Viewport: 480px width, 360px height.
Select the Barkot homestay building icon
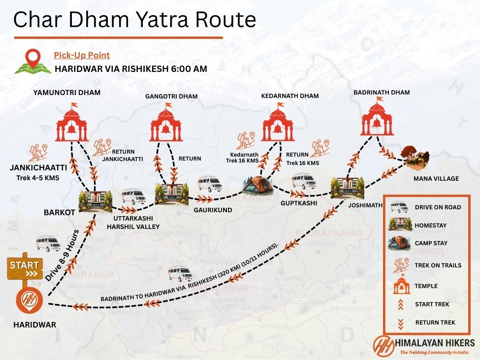(x=96, y=199)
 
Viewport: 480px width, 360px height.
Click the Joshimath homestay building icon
(x=347, y=189)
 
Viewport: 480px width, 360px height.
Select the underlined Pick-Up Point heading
(x=82, y=55)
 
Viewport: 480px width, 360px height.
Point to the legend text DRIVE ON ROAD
(x=438, y=207)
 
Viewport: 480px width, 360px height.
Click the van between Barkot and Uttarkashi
(x=133, y=196)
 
